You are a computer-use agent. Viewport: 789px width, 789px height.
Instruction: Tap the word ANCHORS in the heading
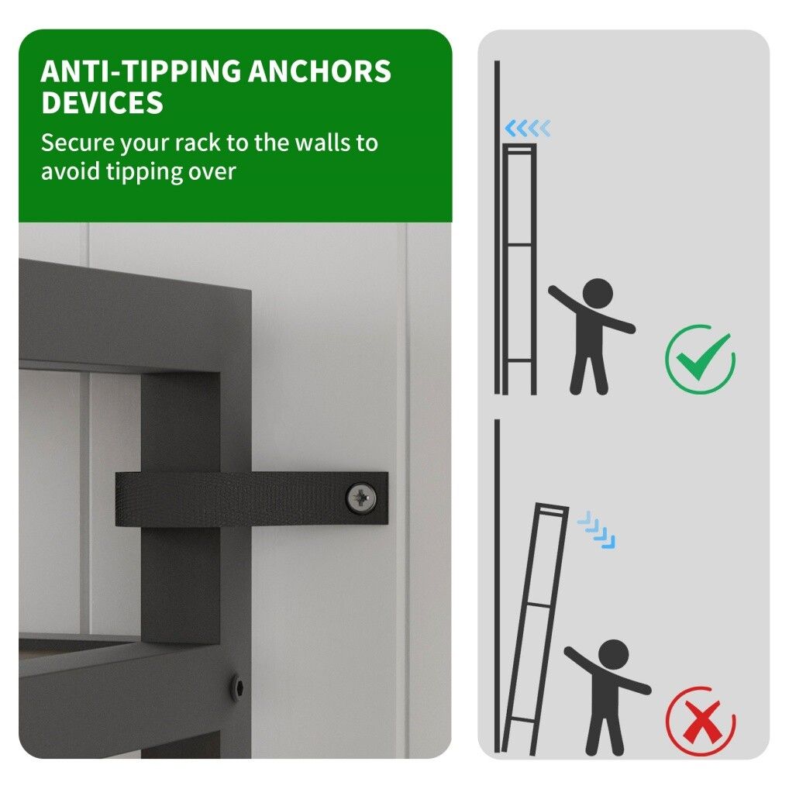click(319, 71)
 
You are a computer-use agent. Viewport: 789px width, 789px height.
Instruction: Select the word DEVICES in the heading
click(102, 102)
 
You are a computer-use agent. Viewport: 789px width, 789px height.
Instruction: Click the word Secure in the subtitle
click(78, 143)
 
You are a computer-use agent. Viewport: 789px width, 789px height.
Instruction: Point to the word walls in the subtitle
click(323, 143)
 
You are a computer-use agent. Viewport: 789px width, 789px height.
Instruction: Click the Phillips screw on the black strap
click(361, 498)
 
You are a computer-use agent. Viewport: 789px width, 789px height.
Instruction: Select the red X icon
click(700, 721)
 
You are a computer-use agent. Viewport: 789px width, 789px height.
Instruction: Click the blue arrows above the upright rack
click(527, 129)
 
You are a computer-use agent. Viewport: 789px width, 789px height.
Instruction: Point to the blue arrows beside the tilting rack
click(597, 530)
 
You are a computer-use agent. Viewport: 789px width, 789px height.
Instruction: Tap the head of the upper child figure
click(598, 294)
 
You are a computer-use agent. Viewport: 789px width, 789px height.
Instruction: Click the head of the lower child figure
click(614, 655)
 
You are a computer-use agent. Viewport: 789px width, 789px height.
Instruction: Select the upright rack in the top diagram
click(520, 269)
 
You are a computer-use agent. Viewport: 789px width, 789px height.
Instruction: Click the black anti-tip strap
click(252, 498)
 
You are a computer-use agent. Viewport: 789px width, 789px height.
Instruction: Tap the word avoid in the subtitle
click(71, 173)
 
